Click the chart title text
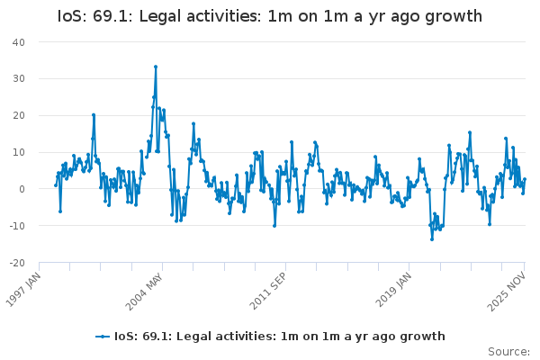tap(269, 17)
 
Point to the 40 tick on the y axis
tap(18, 42)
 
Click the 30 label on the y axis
tap(18, 79)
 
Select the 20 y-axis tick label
tap(18, 116)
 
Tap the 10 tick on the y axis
tap(18, 153)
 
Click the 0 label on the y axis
tap(22, 190)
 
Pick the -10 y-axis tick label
tap(16, 227)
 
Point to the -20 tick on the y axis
tap(16, 264)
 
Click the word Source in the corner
tap(508, 352)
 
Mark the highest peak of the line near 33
tap(155, 67)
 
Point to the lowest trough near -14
tap(431, 238)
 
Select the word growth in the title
tap(449, 17)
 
